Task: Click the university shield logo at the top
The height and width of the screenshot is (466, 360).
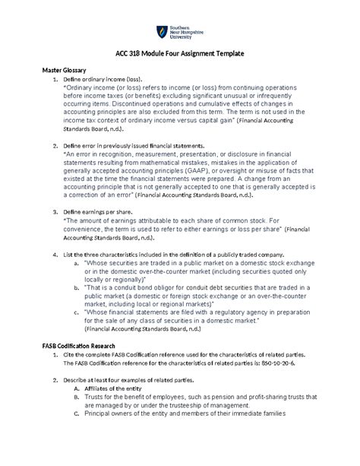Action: pos(159,32)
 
